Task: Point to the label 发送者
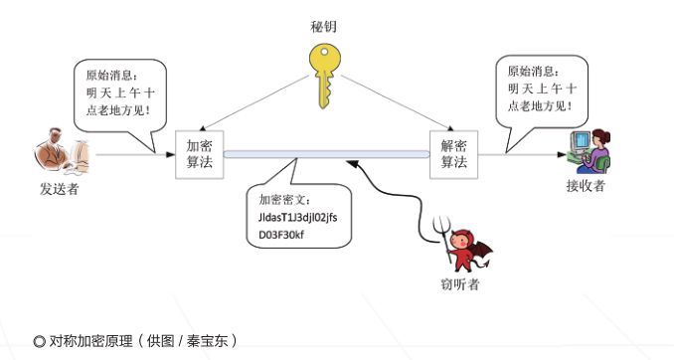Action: (60, 189)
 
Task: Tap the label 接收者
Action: (586, 186)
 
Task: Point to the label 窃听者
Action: (460, 285)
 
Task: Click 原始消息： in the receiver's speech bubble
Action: (533, 71)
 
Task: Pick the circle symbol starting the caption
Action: (39, 341)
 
